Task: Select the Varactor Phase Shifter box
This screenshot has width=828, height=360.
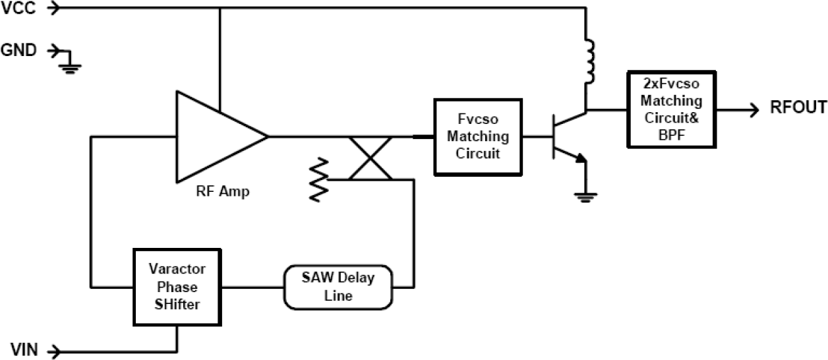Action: click(x=177, y=287)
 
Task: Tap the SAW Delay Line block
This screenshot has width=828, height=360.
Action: click(x=338, y=287)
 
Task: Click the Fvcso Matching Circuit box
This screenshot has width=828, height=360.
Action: click(x=477, y=136)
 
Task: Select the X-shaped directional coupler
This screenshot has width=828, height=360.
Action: click(x=370, y=158)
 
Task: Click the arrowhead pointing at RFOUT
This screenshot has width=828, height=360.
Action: click(x=753, y=109)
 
